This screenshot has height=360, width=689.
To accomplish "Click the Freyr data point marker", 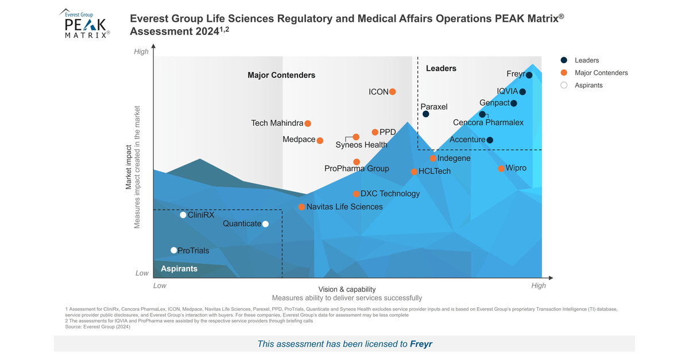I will coord(529,75).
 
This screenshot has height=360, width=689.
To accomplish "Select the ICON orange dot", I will coord(393,92).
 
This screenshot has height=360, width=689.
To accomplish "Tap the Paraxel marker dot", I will coord(425,114).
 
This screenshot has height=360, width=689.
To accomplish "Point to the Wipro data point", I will coord(501,168).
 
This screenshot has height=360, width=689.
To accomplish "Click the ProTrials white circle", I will coord(174,250).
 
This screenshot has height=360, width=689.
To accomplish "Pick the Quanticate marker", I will coord(265,224).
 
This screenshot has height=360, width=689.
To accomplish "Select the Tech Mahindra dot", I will coord(308,123).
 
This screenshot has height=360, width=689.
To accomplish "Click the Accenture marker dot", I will coord(490,140).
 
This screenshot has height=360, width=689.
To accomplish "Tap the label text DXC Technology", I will coord(390,193).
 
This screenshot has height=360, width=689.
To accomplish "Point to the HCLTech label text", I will coord(435,171).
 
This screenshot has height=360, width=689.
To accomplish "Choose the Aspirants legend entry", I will coord(588,85).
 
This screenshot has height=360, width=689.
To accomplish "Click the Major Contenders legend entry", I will coord(601,72).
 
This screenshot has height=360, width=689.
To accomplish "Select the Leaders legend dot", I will coord(564,60).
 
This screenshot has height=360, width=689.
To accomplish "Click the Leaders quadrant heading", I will coord(441,68).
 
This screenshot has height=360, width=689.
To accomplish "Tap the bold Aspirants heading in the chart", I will coord(179,269).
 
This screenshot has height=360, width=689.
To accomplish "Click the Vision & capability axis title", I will coord(347,289).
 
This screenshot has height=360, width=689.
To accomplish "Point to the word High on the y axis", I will coord(141,52).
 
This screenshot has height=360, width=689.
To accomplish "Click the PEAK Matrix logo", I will coord(85,24).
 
